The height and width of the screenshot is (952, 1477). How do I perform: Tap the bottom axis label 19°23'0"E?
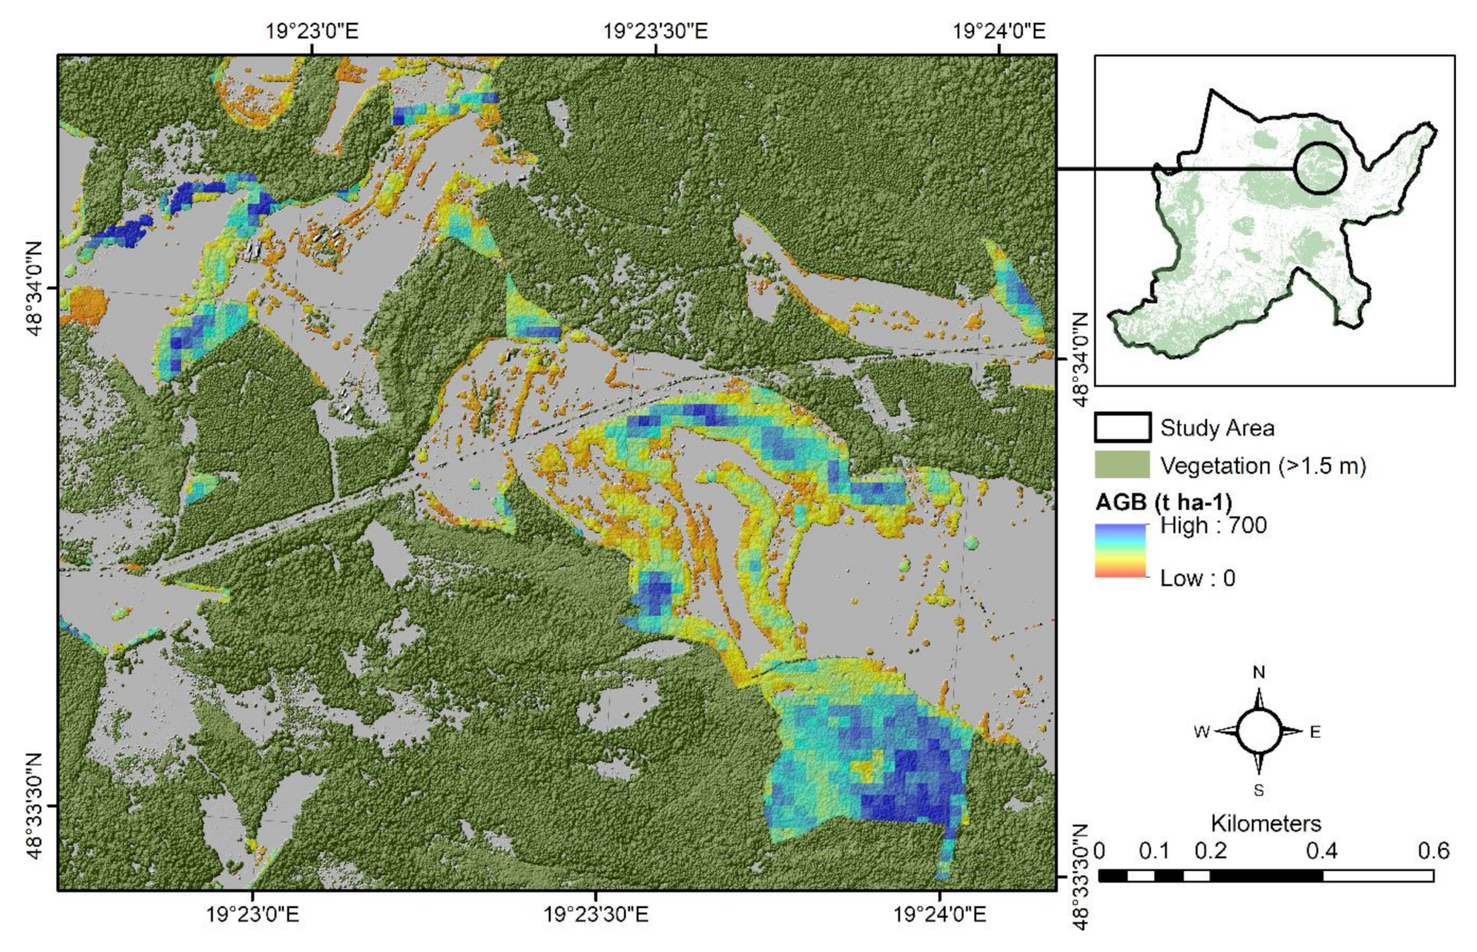coord(252,914)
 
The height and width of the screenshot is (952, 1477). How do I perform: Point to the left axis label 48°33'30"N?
coord(35,806)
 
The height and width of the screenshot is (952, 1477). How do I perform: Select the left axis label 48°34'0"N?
coord(35,288)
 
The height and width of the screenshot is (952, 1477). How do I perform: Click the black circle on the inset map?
coord(1319,168)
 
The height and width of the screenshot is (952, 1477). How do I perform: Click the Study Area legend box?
coord(1122,427)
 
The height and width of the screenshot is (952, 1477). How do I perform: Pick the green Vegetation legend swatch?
coord(1122,465)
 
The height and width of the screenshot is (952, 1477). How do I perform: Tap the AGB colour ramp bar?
coord(1120,551)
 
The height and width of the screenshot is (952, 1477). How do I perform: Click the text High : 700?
coord(1213,526)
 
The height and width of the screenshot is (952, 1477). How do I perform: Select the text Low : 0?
coord(1197,578)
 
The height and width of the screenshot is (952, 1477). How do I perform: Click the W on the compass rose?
coord(1201,732)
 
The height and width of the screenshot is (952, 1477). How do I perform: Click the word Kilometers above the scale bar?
coord(1265,823)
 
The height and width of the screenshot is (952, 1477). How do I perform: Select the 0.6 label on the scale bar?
coord(1433,851)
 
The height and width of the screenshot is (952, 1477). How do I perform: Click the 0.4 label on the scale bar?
coord(1322,851)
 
